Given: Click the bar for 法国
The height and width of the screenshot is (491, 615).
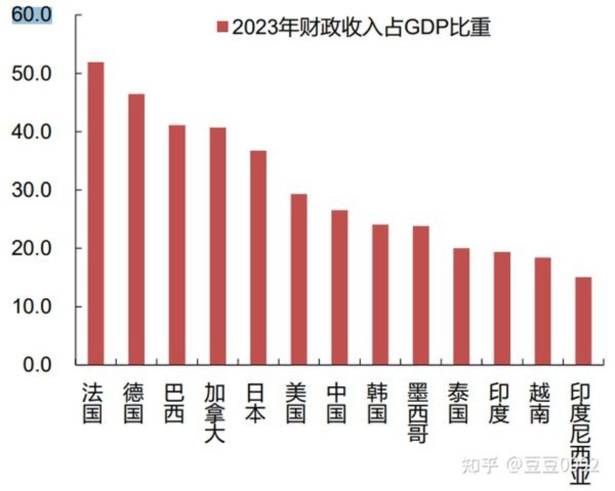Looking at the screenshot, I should [x=96, y=213].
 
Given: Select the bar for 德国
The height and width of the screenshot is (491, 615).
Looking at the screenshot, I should [x=136, y=229].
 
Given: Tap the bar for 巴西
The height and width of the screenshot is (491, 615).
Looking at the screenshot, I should [x=177, y=244].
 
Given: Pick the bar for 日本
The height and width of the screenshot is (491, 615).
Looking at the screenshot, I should [x=258, y=258].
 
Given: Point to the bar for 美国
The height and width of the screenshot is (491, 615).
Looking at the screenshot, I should [x=298, y=279].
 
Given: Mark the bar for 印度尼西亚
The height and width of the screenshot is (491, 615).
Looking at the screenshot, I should [x=583, y=320].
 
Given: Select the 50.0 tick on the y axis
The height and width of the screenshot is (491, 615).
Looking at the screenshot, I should [x=32, y=74].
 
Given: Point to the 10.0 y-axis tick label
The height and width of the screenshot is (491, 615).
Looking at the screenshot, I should [x=32, y=306].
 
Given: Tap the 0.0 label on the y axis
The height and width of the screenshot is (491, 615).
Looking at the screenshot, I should [x=36, y=364].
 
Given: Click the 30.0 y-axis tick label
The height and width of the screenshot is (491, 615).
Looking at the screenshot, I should [x=32, y=190].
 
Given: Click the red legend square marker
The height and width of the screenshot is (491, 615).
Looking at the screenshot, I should [x=222, y=27].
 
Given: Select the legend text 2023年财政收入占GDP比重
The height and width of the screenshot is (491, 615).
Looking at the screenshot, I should [x=361, y=27].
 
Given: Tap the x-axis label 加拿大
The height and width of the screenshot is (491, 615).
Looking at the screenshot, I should [x=217, y=413].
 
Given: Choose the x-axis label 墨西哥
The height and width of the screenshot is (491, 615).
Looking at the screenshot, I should [x=421, y=413].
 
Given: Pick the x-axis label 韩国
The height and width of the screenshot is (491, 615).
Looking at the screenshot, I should [x=380, y=403].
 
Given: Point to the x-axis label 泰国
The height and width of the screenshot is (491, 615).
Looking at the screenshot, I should [x=461, y=403].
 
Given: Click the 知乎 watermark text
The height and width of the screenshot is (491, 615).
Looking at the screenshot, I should [x=478, y=465].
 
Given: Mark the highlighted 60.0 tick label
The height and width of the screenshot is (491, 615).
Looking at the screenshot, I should [x=32, y=15].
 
